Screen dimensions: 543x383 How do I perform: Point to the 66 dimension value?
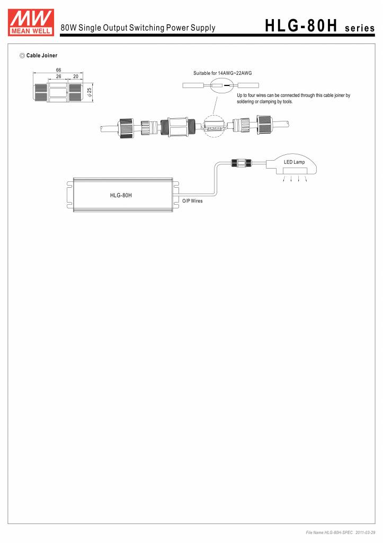(x=58, y=70)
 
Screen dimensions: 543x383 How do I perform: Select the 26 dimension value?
(x=58, y=76)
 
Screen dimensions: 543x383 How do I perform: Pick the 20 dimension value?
(x=76, y=76)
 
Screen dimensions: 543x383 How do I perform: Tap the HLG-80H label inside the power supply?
(x=121, y=195)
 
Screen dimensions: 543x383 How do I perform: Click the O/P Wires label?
(x=192, y=201)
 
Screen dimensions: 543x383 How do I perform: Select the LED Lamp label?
(x=294, y=162)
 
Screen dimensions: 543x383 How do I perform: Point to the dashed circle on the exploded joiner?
(x=215, y=126)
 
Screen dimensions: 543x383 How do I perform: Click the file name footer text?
(x=329, y=532)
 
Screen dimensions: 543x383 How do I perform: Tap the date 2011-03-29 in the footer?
(x=365, y=532)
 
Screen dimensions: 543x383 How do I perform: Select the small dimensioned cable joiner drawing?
(x=58, y=91)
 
